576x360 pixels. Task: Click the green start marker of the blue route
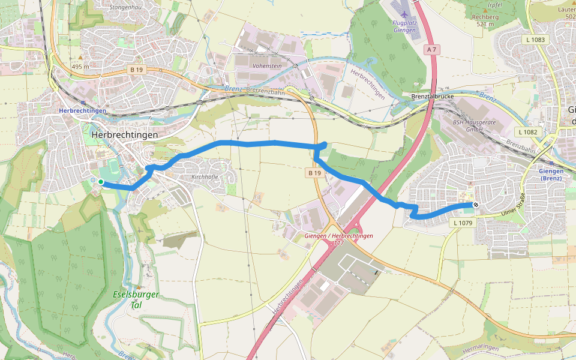[101, 182]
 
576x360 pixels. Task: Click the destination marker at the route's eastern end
[475, 205]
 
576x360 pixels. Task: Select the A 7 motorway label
[430, 49]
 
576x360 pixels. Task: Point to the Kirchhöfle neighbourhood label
[204, 177]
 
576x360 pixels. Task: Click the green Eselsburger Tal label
[127, 299]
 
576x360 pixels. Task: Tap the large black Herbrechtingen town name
[125, 135]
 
